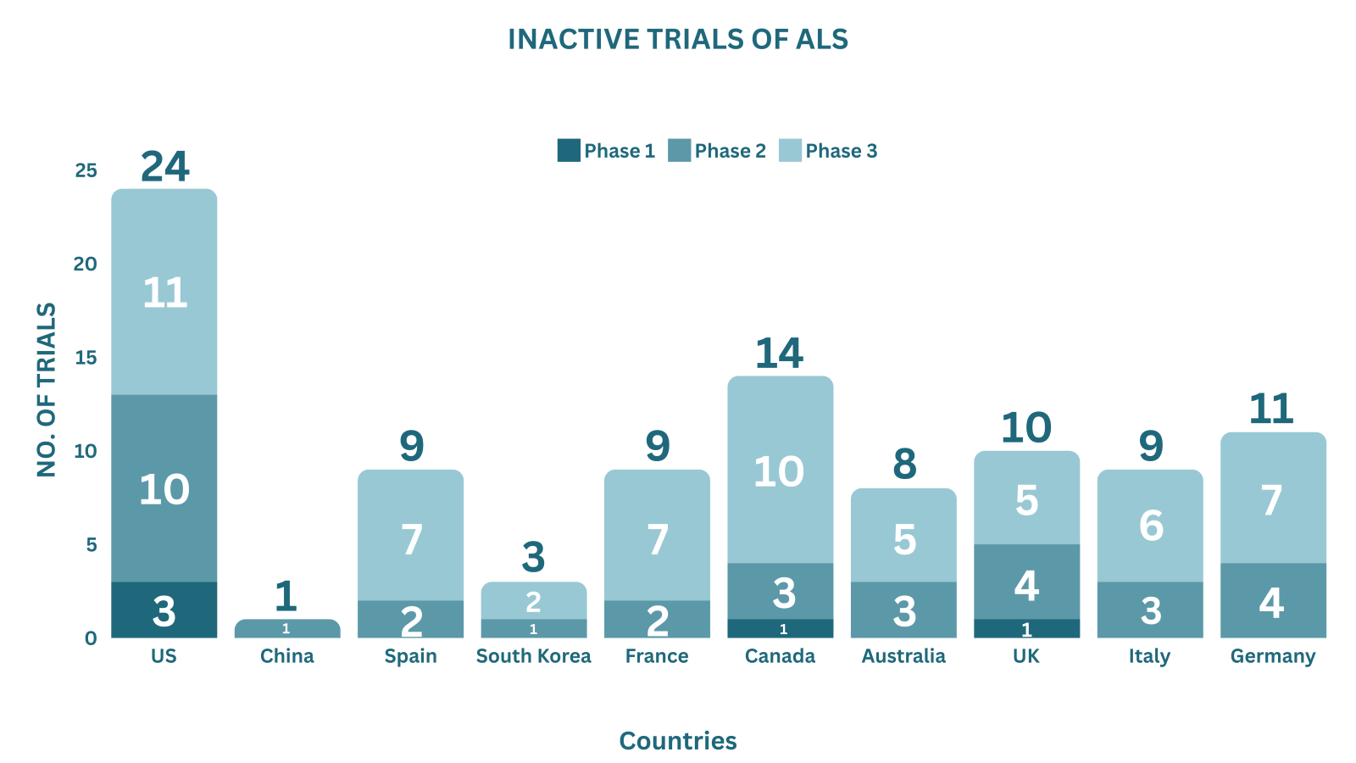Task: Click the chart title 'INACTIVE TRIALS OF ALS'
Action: click(678, 39)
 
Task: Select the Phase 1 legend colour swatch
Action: click(569, 150)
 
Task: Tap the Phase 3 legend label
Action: click(841, 151)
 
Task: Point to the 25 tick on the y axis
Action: click(86, 170)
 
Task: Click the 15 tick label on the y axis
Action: click(86, 357)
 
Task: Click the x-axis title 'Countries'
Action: click(678, 741)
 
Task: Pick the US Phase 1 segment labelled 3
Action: click(164, 610)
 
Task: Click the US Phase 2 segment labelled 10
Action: click(164, 488)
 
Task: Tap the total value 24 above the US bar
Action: click(164, 166)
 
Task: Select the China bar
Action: click(287, 628)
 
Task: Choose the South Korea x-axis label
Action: click(533, 656)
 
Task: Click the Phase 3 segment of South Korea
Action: click(534, 600)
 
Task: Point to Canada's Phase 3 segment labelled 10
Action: click(781, 470)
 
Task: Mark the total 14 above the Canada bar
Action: click(779, 353)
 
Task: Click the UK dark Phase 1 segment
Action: click(1026, 628)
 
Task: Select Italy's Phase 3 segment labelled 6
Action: click(1150, 526)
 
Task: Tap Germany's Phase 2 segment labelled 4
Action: click(1273, 600)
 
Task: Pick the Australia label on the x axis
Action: click(903, 656)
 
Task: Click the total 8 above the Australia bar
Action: click(904, 465)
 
